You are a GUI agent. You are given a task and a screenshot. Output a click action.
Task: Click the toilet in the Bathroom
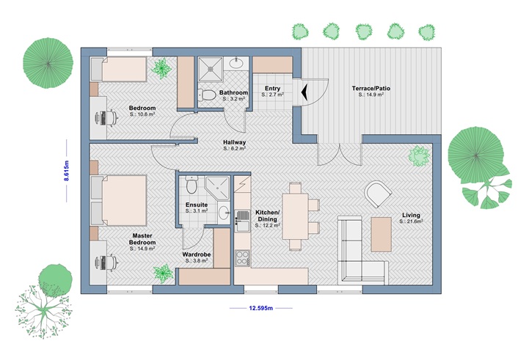207,95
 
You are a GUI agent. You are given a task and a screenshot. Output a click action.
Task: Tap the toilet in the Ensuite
191,184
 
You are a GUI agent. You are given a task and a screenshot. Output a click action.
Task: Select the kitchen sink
242,221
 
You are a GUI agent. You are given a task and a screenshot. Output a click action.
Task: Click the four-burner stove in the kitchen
242,258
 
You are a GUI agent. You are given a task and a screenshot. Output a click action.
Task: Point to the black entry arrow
304,92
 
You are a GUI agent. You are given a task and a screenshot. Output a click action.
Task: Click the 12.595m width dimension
260,308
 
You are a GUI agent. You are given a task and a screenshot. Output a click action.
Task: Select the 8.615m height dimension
67,171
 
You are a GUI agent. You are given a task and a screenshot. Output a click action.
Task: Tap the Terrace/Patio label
371,88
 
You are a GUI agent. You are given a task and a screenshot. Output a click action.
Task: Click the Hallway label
235,142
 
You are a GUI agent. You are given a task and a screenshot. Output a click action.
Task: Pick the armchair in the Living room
378,194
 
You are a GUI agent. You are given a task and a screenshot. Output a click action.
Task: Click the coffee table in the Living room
382,235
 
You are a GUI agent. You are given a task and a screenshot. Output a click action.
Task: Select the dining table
295,216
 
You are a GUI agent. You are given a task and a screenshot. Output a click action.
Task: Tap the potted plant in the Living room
419,156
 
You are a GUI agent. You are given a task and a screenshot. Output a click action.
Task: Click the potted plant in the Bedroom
161,67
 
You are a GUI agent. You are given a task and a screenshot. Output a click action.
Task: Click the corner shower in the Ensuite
218,188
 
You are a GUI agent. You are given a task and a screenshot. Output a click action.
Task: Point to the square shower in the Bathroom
211,69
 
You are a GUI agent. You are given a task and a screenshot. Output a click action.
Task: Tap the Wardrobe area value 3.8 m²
197,261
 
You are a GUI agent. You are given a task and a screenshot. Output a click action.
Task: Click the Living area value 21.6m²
411,221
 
